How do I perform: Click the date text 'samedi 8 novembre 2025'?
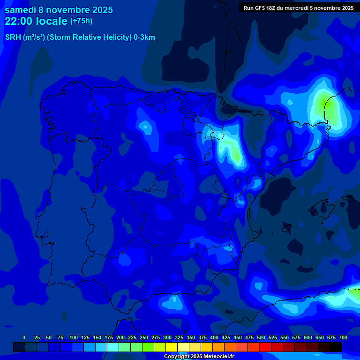[x=59, y=10]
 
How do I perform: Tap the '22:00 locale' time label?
[x=36, y=21]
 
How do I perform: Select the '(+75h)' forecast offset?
[x=81, y=21]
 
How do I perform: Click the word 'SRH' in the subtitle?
[x=13, y=37]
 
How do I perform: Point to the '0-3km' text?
[x=144, y=37]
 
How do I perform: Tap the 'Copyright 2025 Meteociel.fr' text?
[x=199, y=356]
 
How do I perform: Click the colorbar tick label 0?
[x=24, y=337]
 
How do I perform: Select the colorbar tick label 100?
[x=74, y=337]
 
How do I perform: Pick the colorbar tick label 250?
[x=144, y=337]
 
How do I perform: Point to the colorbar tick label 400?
[x=214, y=337]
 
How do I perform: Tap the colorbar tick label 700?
[x=343, y=337]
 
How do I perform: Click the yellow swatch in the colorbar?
[x=172, y=347]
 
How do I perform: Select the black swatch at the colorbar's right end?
[x=336, y=347]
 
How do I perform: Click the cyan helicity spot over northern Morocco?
[x=176, y=300]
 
